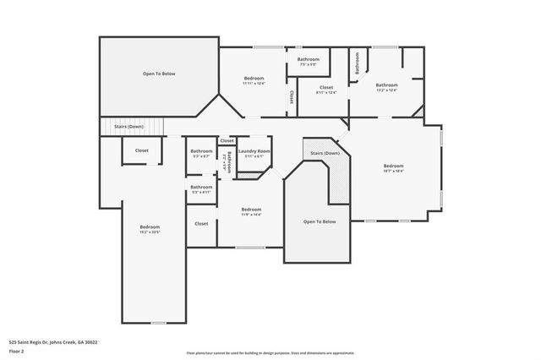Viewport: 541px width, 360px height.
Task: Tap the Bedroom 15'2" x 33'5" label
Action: (150, 229)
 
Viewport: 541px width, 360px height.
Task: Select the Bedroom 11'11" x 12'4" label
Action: (254, 80)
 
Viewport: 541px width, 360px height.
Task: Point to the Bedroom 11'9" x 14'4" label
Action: (251, 211)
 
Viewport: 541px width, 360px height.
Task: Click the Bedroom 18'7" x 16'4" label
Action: (394, 167)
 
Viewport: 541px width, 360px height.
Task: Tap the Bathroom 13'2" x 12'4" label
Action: (387, 87)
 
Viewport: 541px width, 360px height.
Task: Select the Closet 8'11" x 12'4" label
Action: (326, 90)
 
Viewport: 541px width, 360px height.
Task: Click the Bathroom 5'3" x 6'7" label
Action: (201, 153)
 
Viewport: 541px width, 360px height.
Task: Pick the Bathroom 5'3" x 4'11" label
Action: (201, 189)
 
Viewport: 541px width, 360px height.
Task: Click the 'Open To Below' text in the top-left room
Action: (159, 74)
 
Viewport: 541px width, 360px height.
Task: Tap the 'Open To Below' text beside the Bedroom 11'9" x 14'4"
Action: (320, 221)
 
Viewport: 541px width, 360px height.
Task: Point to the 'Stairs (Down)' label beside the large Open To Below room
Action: (128, 127)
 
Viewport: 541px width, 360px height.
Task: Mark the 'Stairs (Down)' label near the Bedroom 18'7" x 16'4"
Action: (325, 153)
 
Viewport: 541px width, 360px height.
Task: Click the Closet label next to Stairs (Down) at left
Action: (141, 150)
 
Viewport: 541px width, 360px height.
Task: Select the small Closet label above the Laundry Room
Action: (227, 140)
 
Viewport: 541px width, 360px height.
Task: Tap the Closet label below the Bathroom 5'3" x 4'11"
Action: (201, 223)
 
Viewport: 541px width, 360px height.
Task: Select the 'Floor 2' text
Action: (16, 352)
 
